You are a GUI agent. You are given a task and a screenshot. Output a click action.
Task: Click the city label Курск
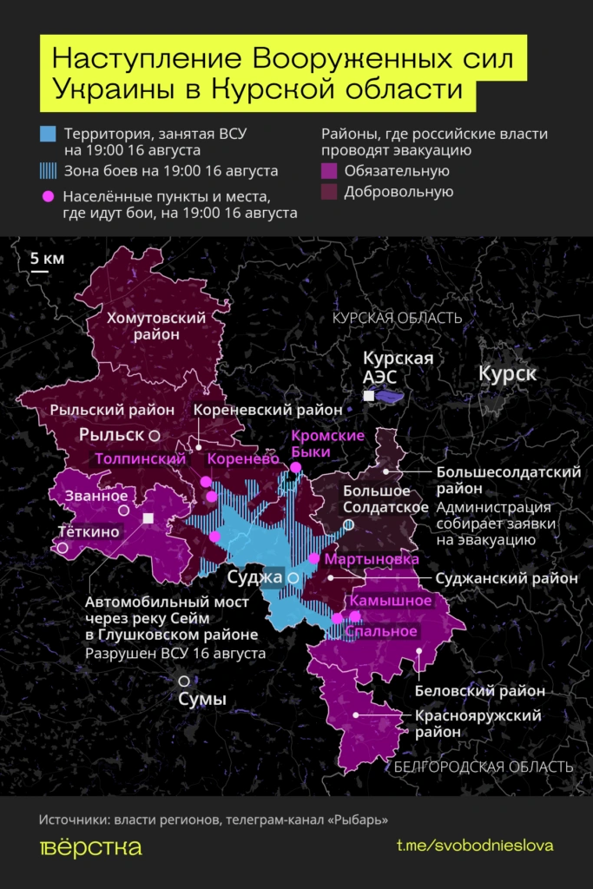[507, 374]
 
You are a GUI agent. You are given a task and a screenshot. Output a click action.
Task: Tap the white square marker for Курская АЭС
[369, 396]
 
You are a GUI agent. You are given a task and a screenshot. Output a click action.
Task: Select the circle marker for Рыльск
[154, 434]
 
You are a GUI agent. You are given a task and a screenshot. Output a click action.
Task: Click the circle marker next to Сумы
[183, 682]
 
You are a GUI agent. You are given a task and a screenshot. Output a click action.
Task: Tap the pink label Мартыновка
[366, 560]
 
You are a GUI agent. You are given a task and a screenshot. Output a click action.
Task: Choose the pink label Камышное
[391, 601]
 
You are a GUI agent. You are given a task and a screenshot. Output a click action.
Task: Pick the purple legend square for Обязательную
[329, 171]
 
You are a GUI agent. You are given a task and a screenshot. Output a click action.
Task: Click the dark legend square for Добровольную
[329, 192]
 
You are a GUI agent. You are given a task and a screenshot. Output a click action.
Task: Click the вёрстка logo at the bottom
[90, 847]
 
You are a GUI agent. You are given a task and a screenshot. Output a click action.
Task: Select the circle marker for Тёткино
[63, 548]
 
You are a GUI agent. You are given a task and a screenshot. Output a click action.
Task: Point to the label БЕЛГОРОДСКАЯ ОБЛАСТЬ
[483, 767]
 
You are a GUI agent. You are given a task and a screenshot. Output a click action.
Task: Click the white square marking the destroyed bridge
[148, 518]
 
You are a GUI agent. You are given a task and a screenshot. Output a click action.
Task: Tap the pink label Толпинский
[142, 458]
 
